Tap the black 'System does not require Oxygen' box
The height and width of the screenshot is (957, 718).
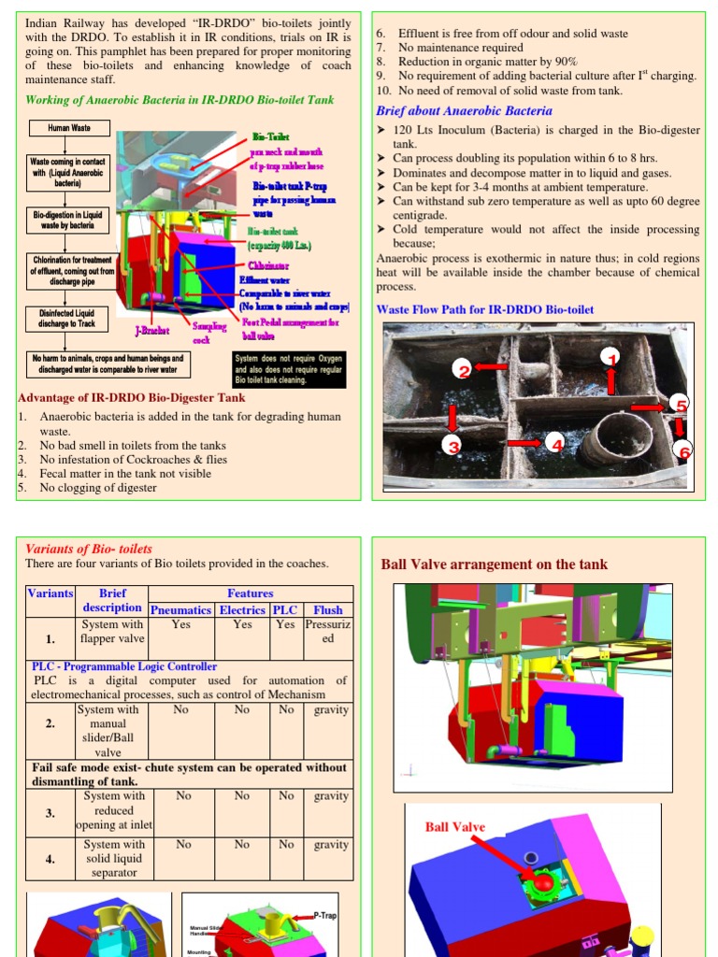pos(288,369)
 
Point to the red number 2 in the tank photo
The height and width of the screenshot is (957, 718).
pos(463,370)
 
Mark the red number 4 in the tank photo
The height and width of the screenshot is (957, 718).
pos(557,445)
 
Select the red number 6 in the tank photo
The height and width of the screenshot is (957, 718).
pos(684,452)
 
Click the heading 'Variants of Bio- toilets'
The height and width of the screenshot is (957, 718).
pos(88,549)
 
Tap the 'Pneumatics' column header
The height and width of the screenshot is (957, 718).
pos(181,609)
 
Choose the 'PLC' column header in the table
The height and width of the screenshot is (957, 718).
pos(284,609)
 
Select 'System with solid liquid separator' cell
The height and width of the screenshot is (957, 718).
pos(113,858)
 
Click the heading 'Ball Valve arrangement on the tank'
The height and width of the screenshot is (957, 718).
pos(494,564)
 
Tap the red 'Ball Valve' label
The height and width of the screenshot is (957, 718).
pos(455,826)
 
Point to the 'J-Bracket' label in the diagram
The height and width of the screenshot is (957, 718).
pos(152,330)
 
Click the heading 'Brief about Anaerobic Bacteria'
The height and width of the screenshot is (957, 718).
pos(464,110)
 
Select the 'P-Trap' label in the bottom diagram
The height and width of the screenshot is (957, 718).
pos(323,916)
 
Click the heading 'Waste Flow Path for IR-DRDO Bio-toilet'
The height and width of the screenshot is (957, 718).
pos(484,309)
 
